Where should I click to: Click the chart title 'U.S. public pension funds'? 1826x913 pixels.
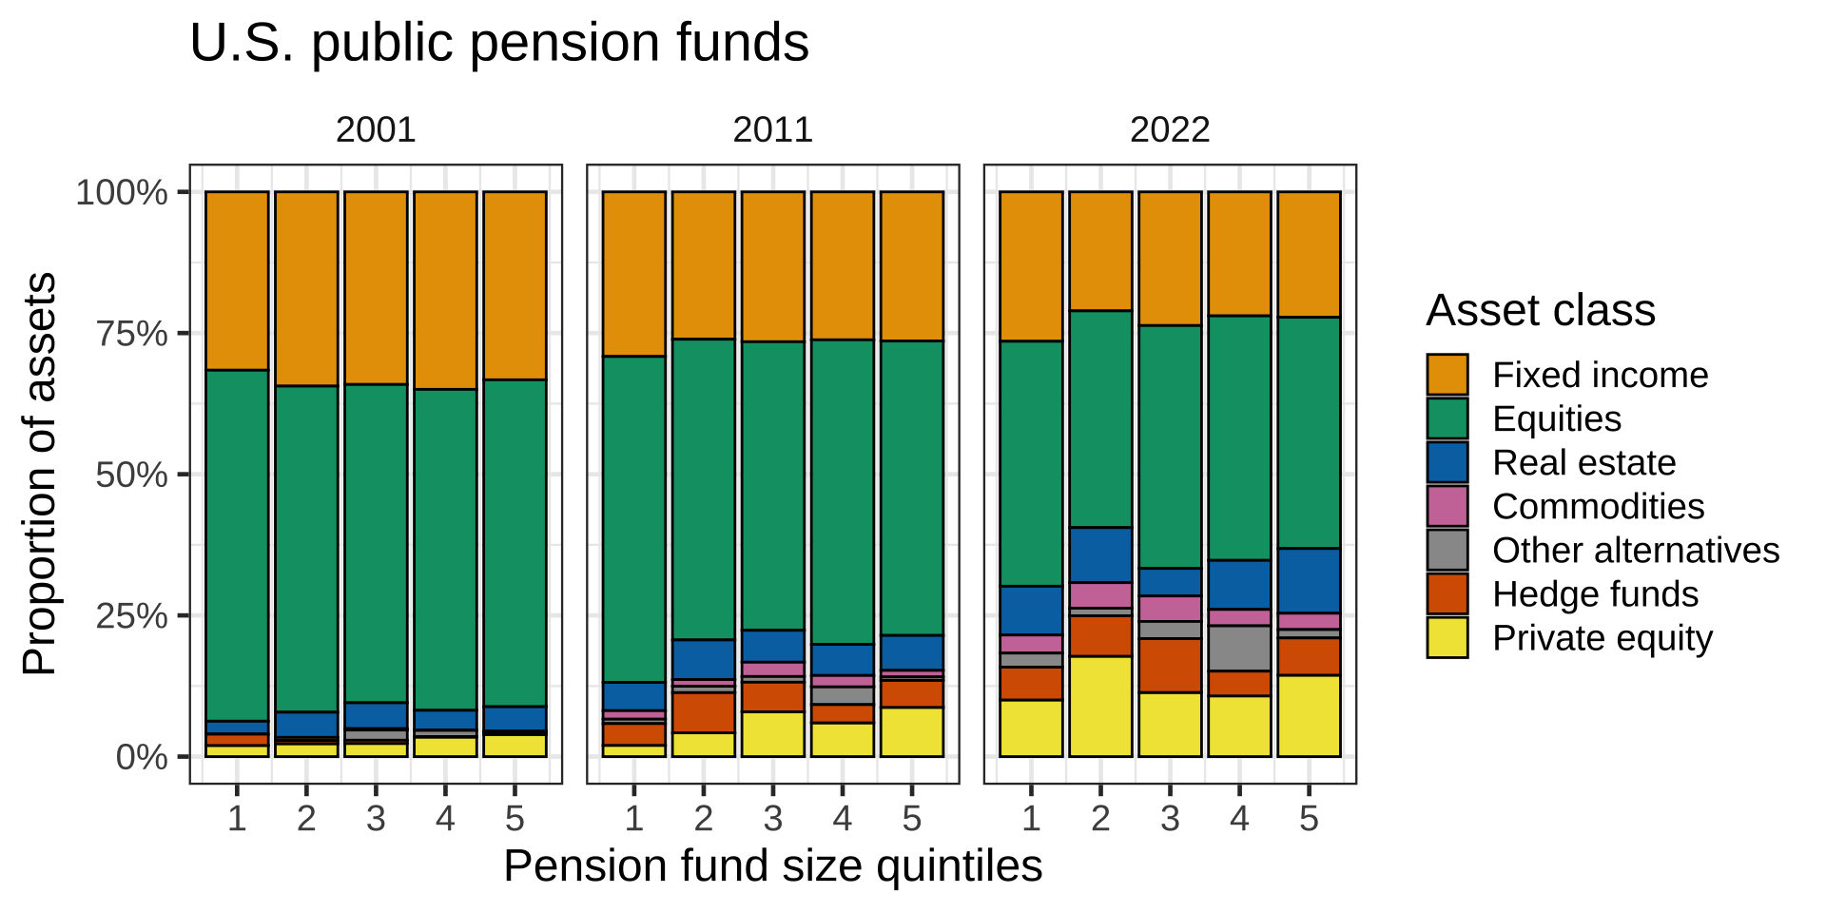(499, 43)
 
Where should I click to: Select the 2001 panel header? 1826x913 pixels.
(376, 129)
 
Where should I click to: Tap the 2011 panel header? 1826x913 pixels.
(772, 129)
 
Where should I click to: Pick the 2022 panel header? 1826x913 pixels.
(1170, 129)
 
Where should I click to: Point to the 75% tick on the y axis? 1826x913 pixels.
(132, 334)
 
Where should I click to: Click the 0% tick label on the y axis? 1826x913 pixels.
(142, 758)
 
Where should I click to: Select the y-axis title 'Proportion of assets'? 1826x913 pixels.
(40, 474)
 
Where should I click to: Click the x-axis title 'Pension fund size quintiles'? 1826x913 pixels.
(772, 866)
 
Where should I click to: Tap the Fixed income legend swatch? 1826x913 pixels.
(1447, 375)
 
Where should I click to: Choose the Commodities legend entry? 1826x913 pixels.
(1598, 506)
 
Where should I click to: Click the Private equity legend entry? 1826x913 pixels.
(1602, 638)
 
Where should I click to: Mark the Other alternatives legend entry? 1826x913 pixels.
(1635, 550)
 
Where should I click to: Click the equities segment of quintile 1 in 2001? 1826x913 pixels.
(237, 545)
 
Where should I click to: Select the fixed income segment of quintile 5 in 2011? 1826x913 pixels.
(911, 265)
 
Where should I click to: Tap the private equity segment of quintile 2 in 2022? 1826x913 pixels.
(1100, 707)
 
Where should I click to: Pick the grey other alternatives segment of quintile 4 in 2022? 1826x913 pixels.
(1239, 648)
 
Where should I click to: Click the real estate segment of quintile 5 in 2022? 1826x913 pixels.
(1309, 580)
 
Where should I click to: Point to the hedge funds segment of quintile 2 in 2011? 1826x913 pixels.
(703, 712)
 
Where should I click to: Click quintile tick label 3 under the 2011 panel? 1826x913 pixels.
(772, 818)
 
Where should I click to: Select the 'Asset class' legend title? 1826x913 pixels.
(1541, 311)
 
